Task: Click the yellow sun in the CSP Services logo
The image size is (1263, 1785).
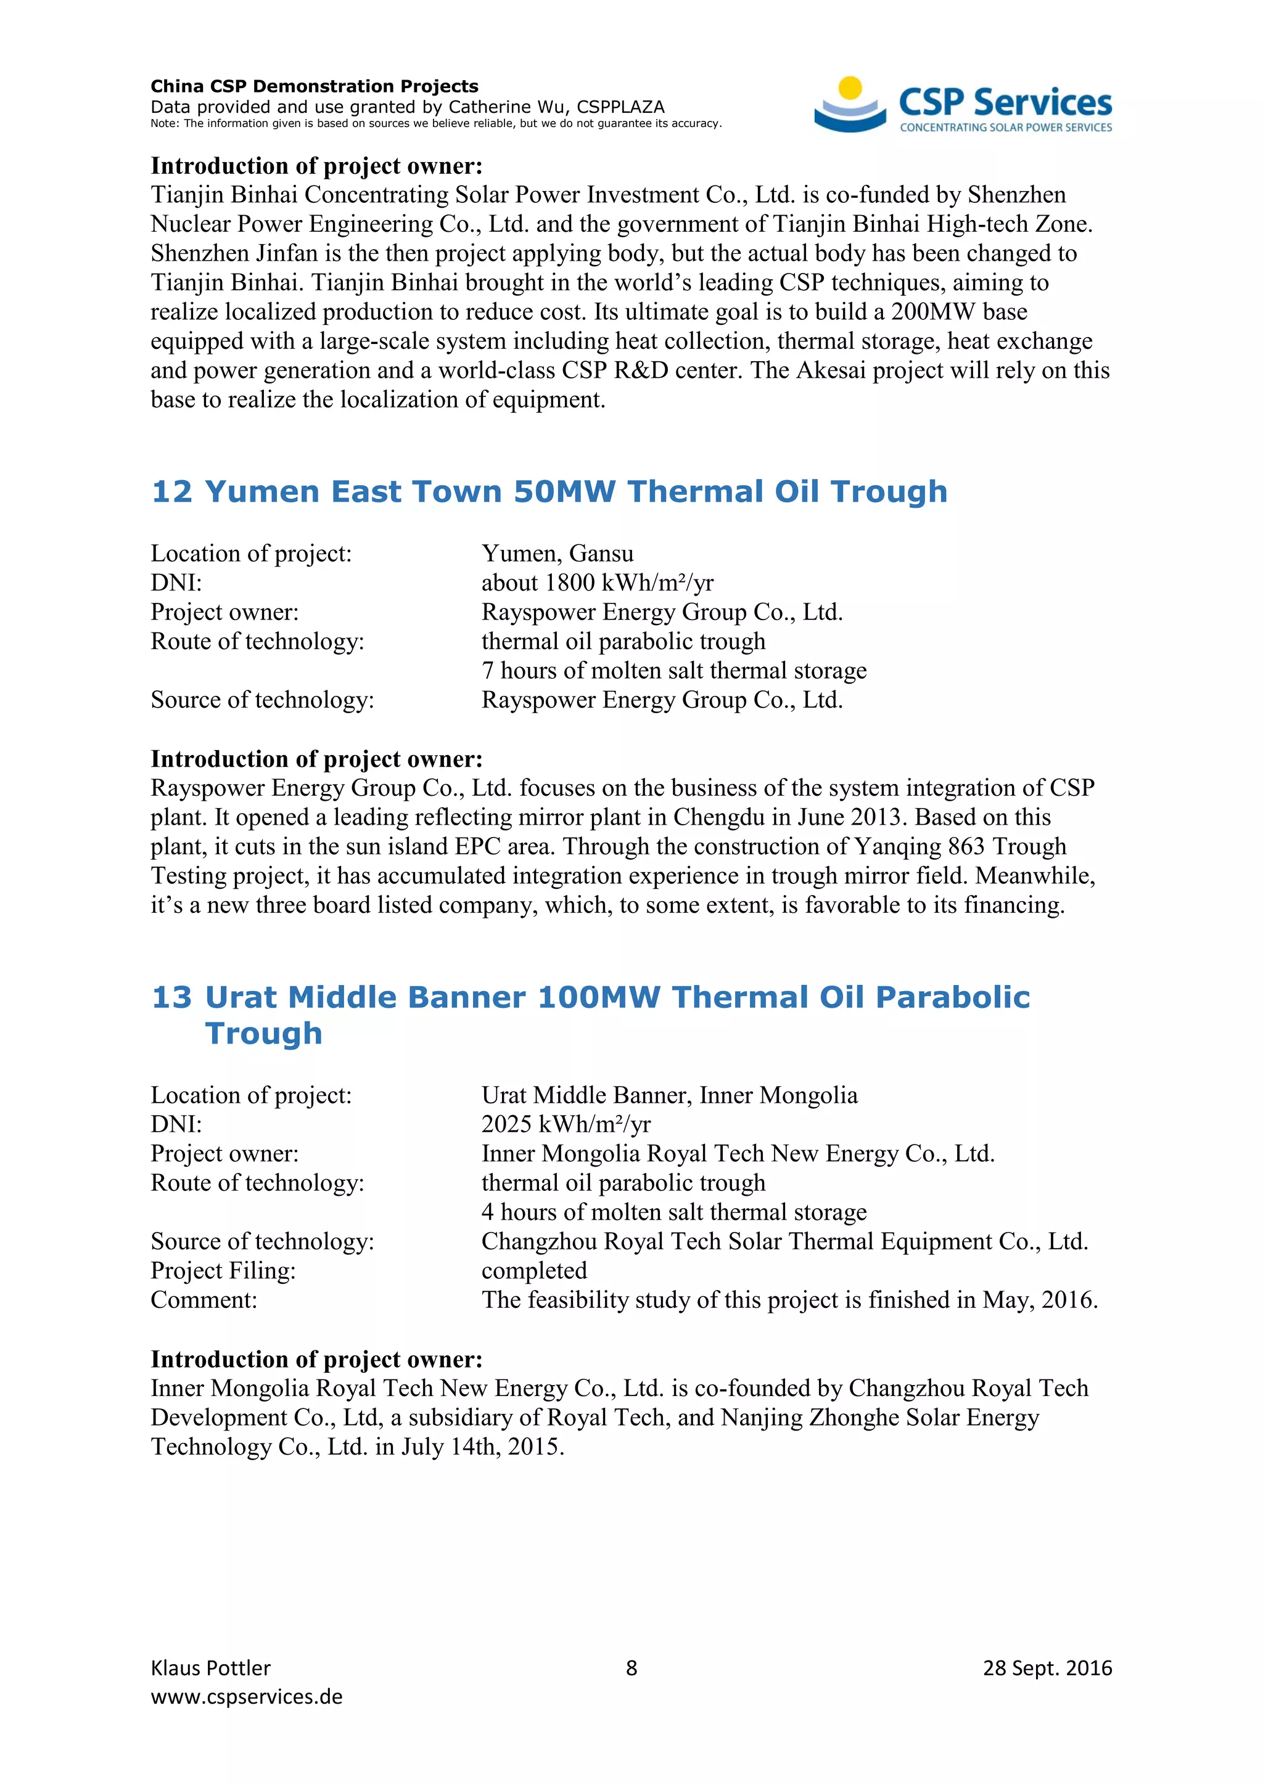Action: pyautogui.click(x=851, y=87)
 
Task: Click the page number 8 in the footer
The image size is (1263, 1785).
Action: pyautogui.click(x=631, y=1668)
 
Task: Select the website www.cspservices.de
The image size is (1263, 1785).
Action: pyautogui.click(x=247, y=1696)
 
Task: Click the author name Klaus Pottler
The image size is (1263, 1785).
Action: pyautogui.click(x=211, y=1668)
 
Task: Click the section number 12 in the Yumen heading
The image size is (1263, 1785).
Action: pyautogui.click(x=172, y=492)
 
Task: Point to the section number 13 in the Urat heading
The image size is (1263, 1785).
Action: pyautogui.click(x=172, y=997)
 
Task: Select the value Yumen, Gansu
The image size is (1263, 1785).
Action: pyautogui.click(x=557, y=553)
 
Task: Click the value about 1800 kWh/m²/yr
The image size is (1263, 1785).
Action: pyautogui.click(x=598, y=583)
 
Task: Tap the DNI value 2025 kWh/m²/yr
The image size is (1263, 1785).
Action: pyautogui.click(x=566, y=1124)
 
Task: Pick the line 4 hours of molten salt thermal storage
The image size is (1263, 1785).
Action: pyautogui.click(x=673, y=1212)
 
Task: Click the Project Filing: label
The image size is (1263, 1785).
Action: pyautogui.click(x=223, y=1270)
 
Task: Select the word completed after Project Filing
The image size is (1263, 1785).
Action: pyautogui.click(x=534, y=1270)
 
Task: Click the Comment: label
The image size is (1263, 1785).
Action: pyautogui.click(x=204, y=1300)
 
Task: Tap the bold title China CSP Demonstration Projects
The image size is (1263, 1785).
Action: pyautogui.click(x=314, y=86)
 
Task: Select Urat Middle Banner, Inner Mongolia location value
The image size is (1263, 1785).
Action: pyautogui.click(x=669, y=1095)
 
